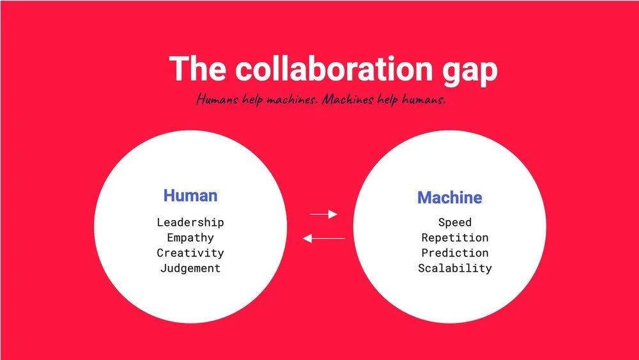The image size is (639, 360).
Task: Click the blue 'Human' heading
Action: click(x=190, y=196)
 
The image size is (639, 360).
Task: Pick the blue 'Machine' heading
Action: click(x=450, y=198)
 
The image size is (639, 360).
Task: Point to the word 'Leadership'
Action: click(x=190, y=223)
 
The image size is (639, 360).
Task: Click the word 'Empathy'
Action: click(x=190, y=238)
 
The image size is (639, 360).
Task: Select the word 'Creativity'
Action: click(x=190, y=253)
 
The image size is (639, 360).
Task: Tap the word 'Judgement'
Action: click(x=190, y=269)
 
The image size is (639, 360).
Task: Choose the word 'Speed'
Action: click(x=455, y=223)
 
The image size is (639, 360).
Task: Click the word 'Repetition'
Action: click(x=455, y=238)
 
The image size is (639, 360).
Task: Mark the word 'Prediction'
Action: click(x=455, y=253)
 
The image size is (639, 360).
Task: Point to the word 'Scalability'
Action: click(x=455, y=269)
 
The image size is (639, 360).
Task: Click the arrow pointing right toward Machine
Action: click(x=323, y=214)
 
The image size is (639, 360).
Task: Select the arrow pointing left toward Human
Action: click(x=323, y=239)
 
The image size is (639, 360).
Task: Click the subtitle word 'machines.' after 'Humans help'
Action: click(x=291, y=100)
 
